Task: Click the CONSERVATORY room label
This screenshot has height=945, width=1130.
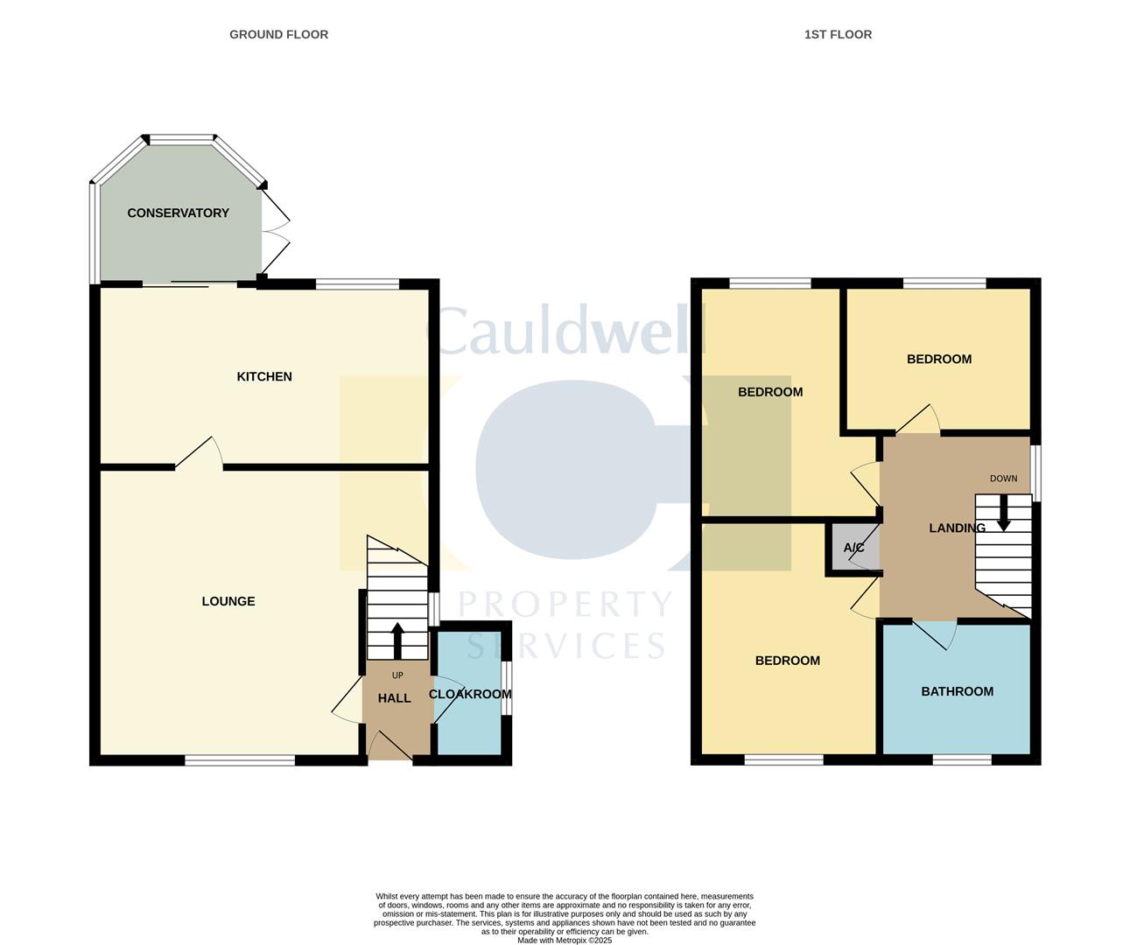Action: tap(178, 213)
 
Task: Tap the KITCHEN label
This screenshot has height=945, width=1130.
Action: tap(264, 376)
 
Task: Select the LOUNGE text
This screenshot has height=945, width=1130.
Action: tap(228, 601)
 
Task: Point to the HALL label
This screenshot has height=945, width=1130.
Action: tap(394, 698)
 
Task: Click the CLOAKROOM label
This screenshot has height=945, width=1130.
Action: tap(470, 694)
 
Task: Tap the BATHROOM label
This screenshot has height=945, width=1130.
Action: tap(957, 691)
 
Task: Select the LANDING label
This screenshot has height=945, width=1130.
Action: tap(957, 528)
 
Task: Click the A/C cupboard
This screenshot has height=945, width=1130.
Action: tap(853, 549)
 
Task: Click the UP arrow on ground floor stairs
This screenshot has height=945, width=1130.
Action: tap(397, 640)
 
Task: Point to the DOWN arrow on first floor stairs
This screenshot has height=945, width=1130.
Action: tap(1003, 512)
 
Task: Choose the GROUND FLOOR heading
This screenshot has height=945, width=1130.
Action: tap(278, 34)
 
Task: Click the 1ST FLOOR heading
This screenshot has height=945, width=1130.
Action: tap(838, 34)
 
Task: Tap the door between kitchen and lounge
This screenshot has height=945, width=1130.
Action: tap(200, 453)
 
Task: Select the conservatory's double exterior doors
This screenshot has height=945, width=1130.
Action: tap(276, 232)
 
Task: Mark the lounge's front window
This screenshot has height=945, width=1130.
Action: tap(240, 760)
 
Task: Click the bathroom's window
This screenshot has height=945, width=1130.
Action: tap(962, 760)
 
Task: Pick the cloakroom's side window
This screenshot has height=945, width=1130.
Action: tap(507, 689)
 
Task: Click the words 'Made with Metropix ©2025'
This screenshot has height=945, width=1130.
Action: tap(565, 941)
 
